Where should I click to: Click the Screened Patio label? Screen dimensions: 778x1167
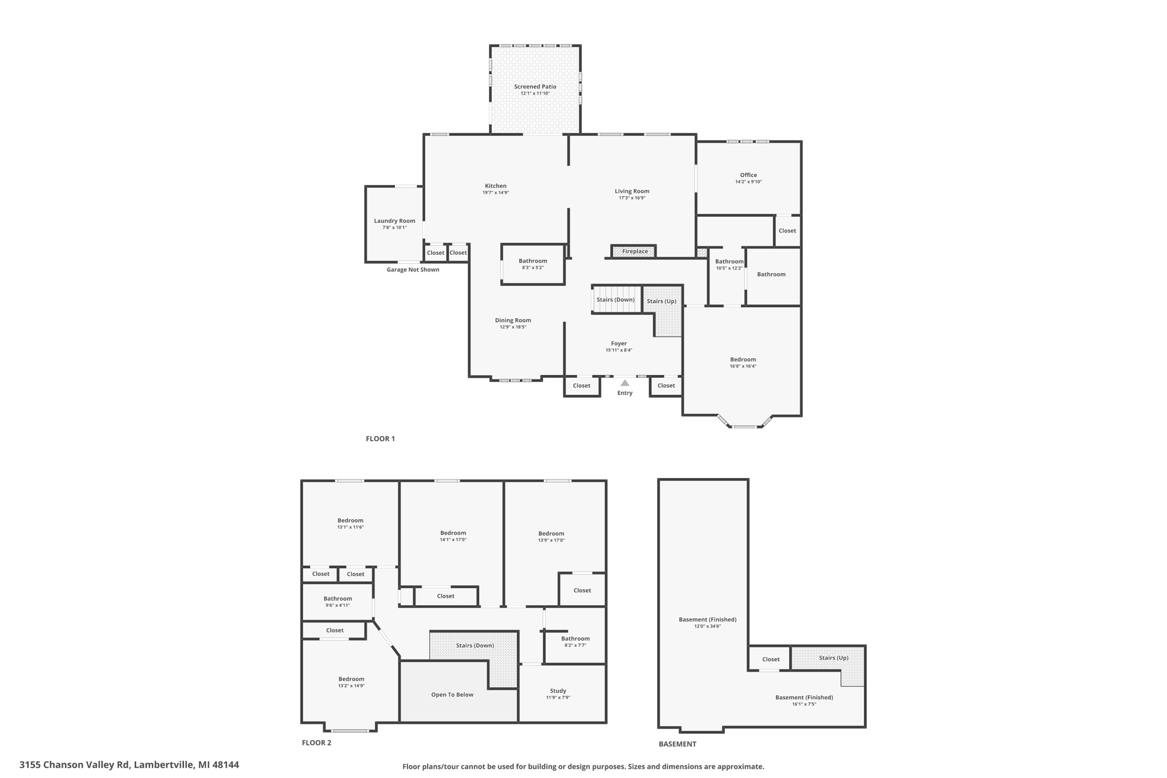(535, 87)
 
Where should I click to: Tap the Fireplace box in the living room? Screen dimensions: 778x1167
(634, 251)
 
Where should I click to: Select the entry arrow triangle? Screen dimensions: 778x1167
(625, 383)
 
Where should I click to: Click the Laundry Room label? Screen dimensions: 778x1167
(394, 221)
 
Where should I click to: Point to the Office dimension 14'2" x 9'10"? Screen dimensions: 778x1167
(748, 182)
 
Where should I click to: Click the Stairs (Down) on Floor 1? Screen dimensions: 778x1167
(615, 300)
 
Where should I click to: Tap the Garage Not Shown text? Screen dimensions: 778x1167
(413, 270)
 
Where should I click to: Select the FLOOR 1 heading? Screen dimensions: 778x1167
(380, 439)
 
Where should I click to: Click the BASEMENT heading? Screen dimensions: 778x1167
(677, 744)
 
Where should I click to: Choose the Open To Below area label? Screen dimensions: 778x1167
(452, 695)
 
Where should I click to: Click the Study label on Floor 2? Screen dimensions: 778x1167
(558, 691)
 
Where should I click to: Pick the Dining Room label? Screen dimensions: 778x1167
(513, 320)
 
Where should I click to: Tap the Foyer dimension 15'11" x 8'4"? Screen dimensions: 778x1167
(619, 351)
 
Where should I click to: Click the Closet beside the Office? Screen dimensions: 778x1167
(787, 231)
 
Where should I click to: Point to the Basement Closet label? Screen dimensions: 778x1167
(770, 659)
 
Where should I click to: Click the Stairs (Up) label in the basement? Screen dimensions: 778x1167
(834, 658)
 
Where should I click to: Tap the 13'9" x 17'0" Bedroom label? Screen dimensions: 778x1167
(551, 534)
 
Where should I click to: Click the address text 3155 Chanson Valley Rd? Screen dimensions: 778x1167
(129, 765)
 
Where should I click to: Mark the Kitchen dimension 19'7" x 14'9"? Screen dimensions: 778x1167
(495, 193)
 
